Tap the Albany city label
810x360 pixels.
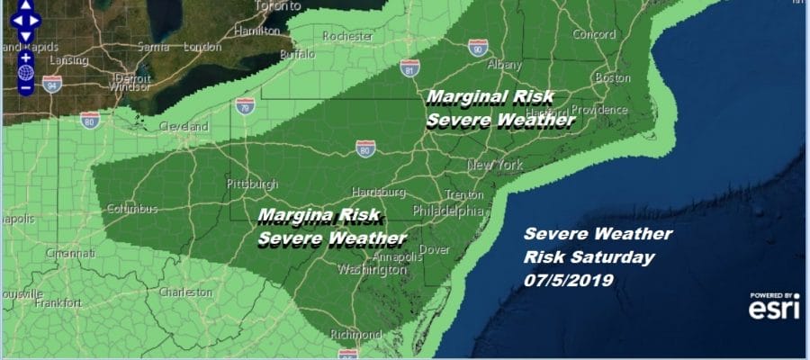point(504,66)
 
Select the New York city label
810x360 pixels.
point(495,166)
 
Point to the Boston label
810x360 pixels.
point(615,78)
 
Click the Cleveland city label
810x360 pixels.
point(184,127)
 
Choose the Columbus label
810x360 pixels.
point(132,209)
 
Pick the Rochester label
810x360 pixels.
point(349,36)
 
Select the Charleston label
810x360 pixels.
point(184,292)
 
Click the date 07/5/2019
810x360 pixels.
point(568,280)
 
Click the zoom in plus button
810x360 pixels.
point(26,58)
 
